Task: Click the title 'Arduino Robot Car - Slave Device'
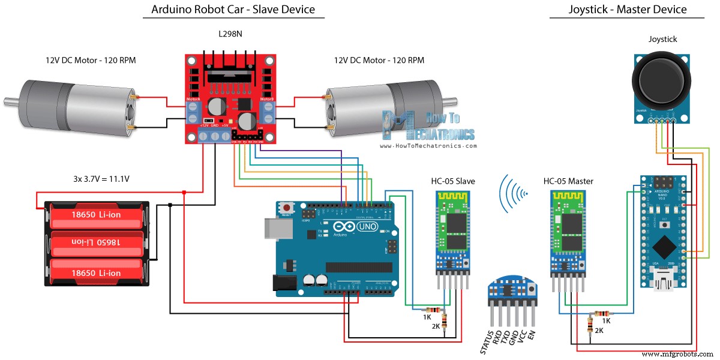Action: tap(233, 10)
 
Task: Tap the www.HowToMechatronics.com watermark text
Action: tap(428, 146)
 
